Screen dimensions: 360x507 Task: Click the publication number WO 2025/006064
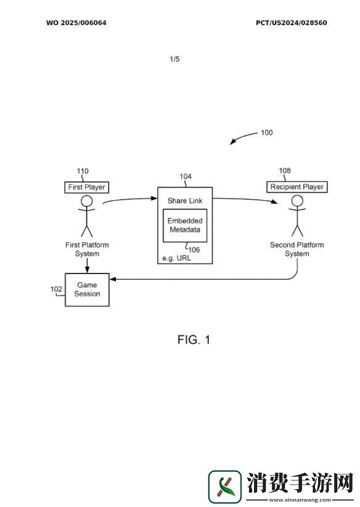pos(76,23)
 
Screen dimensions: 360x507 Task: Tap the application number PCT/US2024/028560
pos(292,23)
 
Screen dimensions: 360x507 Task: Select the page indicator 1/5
pos(174,59)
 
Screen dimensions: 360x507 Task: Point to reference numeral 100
pos(267,132)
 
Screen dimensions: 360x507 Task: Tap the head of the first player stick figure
pos(87,201)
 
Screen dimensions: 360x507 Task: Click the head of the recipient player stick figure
pos(297,201)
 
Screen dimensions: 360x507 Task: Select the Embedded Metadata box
pos(185,225)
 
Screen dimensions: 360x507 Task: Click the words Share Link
pos(185,201)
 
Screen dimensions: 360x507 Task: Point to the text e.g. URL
pos(176,258)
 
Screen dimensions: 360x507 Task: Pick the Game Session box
pos(88,290)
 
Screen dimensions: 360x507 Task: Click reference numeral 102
pos(56,289)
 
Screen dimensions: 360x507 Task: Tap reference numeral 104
pos(186,177)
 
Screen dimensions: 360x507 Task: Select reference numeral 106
pos(194,249)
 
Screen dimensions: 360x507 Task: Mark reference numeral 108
pos(285,171)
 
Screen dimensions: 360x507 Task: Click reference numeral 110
pos(83,171)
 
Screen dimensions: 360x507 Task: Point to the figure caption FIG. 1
pos(194,339)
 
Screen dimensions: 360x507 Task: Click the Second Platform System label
pos(297,249)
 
